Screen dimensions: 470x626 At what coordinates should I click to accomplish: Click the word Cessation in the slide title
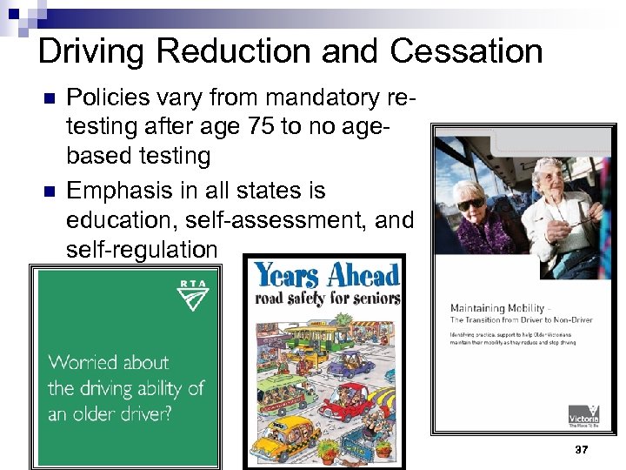[x=466, y=50]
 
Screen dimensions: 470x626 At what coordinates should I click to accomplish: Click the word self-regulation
[x=142, y=250]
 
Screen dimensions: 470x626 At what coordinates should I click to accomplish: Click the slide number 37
[x=581, y=450]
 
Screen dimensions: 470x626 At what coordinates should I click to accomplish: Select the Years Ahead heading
[x=326, y=276]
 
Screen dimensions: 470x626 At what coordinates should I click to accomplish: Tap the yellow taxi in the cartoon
[x=287, y=432]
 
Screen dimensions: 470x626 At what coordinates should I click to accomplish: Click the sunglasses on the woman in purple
[x=472, y=202]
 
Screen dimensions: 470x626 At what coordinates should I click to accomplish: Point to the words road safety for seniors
[x=327, y=299]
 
